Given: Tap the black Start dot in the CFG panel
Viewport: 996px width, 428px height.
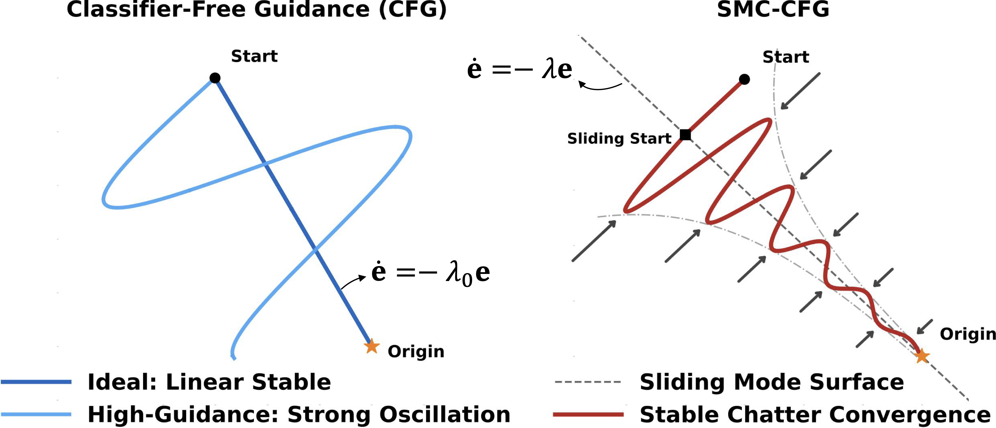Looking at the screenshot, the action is coord(215,78).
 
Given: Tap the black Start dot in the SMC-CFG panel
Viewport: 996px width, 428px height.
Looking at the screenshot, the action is coord(744,79).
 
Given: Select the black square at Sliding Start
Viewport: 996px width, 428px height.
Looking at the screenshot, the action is coord(685,134).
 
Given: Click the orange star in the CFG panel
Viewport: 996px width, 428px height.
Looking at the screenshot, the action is coord(371,346).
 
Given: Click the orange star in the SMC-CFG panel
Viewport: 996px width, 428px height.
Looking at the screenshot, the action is coord(922,356).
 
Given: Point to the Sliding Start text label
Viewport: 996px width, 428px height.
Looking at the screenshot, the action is coord(619,138).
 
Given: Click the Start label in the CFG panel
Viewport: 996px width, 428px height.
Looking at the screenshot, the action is coord(255,56).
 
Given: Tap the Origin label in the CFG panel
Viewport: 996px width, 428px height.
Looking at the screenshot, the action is coord(416,351).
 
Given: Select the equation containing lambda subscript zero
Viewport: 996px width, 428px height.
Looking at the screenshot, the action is coord(431,273).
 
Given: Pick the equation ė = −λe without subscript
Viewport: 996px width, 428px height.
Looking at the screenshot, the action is coord(520,69).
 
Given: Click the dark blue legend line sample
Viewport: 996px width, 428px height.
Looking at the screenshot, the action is coord(36,382).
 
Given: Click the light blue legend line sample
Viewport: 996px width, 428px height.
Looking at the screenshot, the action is coord(36,414).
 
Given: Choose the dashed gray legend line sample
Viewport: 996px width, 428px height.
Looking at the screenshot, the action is coord(588,382).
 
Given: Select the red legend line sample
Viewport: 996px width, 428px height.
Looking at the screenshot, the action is coord(588,414).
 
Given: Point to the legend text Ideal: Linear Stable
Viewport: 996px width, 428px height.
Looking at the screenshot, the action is coord(210,382).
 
